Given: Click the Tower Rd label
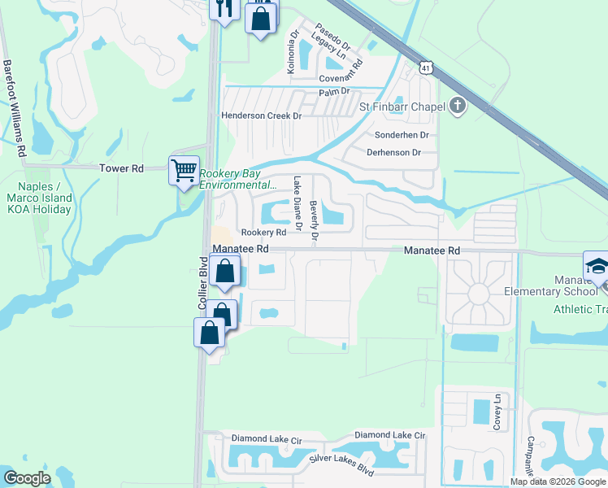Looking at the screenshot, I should [121, 168].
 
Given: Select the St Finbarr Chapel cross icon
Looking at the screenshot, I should [458, 106].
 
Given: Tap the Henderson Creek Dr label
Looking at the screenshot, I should [262, 116].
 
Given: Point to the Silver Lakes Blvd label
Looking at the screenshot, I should [341, 466].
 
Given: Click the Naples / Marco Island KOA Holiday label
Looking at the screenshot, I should [38, 198].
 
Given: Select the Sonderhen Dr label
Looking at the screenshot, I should [402, 134].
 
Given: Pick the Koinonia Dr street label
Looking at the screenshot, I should [292, 54].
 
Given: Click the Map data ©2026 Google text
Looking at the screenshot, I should [557, 481].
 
